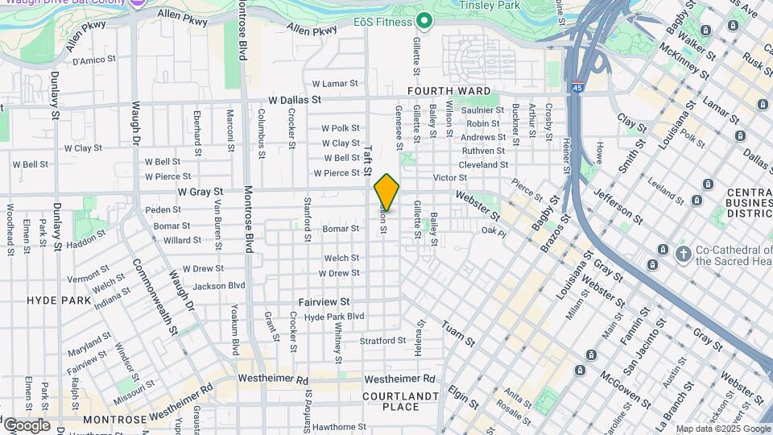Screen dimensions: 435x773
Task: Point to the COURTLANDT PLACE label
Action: [401, 401]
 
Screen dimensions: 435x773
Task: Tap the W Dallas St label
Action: [295, 100]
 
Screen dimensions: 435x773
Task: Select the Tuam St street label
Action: [456, 331]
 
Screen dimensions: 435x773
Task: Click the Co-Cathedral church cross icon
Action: [683, 255]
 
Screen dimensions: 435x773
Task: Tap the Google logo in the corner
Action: [26, 425]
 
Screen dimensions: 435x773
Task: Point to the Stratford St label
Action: [382, 341]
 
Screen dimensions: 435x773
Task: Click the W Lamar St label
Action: [334, 83]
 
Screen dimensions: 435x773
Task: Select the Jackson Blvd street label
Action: [219, 285]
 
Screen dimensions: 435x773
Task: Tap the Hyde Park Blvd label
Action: [334, 317]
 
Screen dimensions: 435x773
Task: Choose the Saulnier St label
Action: [482, 110]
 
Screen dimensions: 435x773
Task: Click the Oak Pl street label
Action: [493, 232]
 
